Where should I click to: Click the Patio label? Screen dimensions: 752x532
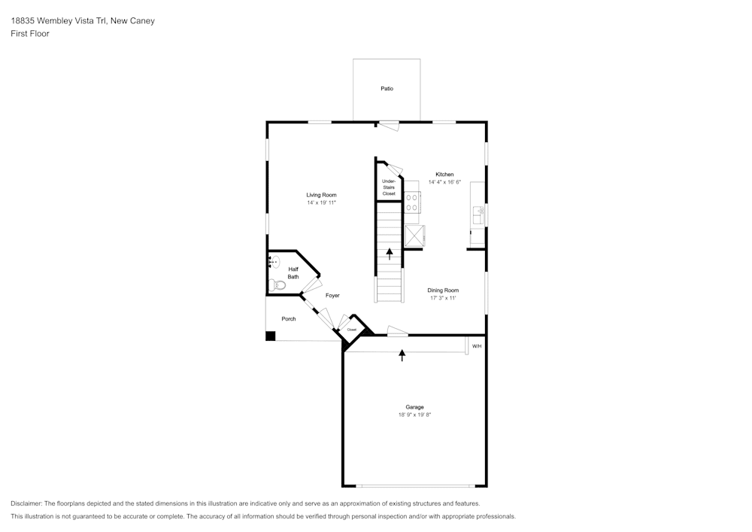pyautogui.click(x=387, y=89)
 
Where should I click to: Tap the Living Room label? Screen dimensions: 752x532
pyautogui.click(x=321, y=195)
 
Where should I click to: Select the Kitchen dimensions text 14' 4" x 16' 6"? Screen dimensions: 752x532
pyautogui.click(x=444, y=182)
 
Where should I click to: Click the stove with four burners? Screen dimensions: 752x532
pyautogui.click(x=412, y=202)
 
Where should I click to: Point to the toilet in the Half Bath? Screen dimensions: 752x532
pyautogui.click(x=277, y=285)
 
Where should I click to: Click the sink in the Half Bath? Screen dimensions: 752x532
pyautogui.click(x=274, y=262)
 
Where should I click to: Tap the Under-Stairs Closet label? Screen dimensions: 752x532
pyautogui.click(x=389, y=187)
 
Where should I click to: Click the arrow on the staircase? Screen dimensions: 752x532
pyautogui.click(x=390, y=254)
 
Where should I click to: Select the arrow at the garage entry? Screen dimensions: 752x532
pyautogui.click(x=402, y=355)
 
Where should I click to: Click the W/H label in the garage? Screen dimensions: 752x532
pyautogui.click(x=477, y=346)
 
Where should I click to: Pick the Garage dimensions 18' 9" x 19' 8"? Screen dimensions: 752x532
pyautogui.click(x=414, y=415)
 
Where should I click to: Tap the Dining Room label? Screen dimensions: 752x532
pyautogui.click(x=443, y=290)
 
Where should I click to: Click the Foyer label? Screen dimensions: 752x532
pyautogui.click(x=332, y=296)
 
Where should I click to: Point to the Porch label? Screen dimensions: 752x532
pyautogui.click(x=289, y=319)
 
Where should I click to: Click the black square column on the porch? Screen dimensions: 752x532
pyautogui.click(x=271, y=336)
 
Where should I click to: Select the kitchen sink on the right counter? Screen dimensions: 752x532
pyautogui.click(x=478, y=215)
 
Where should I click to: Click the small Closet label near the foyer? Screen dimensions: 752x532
pyautogui.click(x=351, y=330)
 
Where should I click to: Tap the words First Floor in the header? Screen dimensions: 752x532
pyautogui.click(x=30, y=34)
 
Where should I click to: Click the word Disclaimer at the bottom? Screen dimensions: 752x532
pyautogui.click(x=26, y=503)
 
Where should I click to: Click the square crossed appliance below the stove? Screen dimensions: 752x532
pyautogui.click(x=414, y=236)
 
